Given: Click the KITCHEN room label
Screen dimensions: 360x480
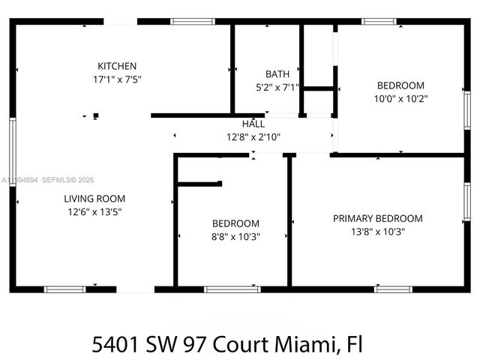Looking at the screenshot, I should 117,66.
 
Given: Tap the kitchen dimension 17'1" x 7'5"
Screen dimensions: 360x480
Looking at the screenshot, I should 117,78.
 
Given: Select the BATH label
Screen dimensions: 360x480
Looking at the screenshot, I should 277,74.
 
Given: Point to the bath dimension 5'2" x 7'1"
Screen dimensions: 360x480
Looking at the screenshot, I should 277,87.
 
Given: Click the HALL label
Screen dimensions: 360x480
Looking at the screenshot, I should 253,124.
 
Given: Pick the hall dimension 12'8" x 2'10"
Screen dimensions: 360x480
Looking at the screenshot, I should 253,136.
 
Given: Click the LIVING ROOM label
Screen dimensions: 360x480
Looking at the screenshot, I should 94,199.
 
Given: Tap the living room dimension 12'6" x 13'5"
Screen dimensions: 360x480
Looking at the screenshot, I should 94,211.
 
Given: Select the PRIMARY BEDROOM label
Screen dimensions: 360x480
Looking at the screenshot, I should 377,218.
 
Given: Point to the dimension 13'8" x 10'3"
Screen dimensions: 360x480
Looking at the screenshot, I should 377,231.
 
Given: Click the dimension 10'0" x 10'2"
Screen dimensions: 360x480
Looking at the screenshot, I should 400,97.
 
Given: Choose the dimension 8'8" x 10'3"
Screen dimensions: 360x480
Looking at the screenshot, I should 235,235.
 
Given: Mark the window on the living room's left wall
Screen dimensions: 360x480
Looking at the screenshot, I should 13,147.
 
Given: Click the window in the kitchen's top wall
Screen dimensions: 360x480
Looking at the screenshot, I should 193,22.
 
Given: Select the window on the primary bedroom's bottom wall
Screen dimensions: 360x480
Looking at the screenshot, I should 393,289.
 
